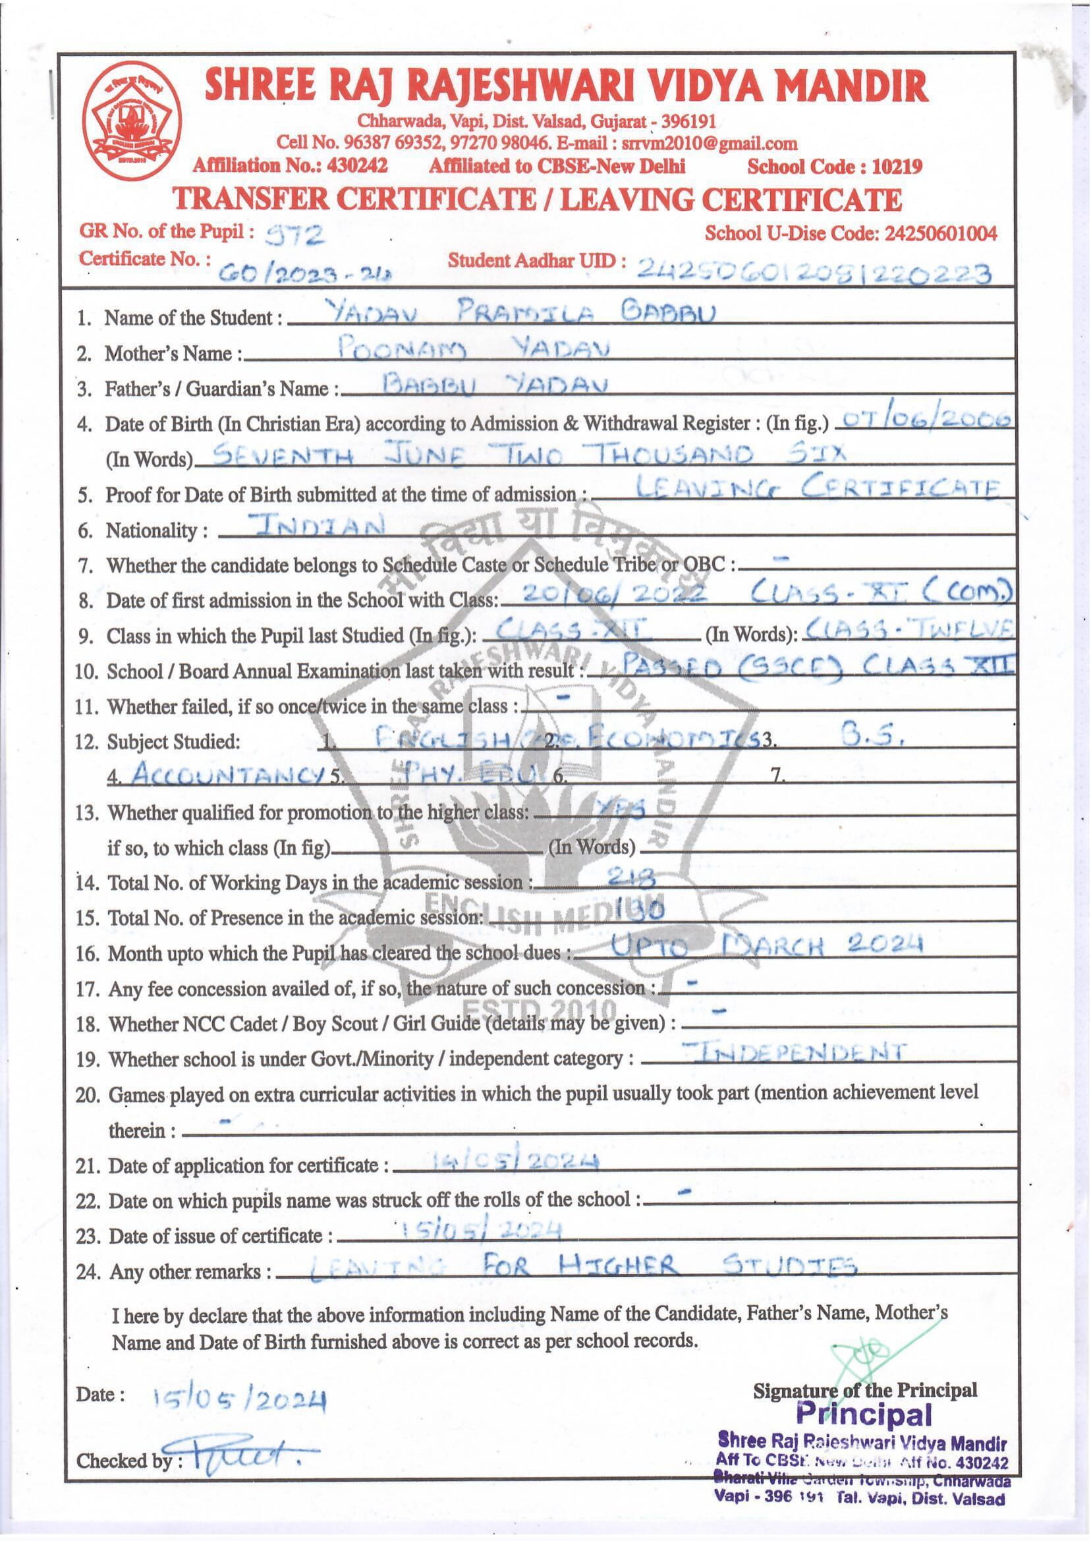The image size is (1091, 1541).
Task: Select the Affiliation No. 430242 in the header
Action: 356,165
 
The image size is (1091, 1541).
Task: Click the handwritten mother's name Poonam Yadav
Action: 473,347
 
